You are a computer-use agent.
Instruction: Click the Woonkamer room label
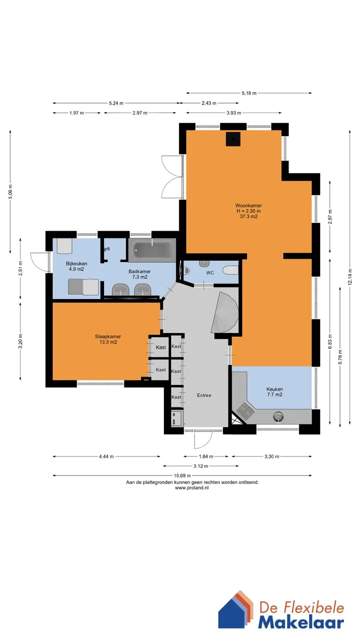(x=248, y=211)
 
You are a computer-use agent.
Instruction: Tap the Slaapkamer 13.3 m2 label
(x=108, y=339)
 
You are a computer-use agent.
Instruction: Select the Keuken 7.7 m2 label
(x=274, y=391)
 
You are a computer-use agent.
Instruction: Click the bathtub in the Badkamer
(x=152, y=249)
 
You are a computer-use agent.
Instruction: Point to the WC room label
(x=210, y=273)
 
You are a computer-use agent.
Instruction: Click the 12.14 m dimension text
(x=349, y=277)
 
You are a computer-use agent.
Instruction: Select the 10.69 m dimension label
(x=182, y=475)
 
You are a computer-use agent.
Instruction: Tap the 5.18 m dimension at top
(x=249, y=93)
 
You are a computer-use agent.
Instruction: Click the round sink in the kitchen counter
(x=278, y=416)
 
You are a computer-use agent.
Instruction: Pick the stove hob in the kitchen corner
(x=244, y=411)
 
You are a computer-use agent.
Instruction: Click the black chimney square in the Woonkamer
(x=233, y=139)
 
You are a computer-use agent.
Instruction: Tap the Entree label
(x=204, y=395)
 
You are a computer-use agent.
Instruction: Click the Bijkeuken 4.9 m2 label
(x=76, y=266)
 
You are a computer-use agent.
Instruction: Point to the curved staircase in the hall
(x=225, y=312)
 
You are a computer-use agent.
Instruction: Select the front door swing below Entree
(x=203, y=439)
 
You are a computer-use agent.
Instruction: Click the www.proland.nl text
(x=191, y=488)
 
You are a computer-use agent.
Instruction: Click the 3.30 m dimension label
(x=271, y=456)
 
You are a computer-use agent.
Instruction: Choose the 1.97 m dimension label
(x=76, y=113)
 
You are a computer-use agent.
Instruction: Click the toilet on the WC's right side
(x=230, y=270)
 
